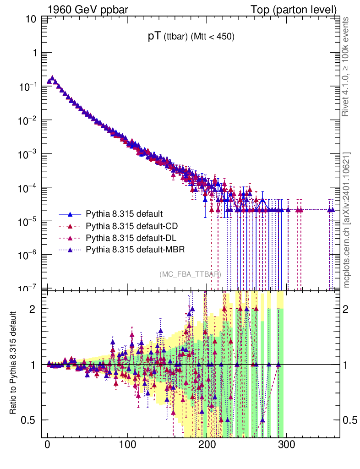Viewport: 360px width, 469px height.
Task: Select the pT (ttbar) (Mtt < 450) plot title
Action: coord(191,38)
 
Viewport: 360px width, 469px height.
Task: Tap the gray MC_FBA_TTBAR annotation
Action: coord(190,274)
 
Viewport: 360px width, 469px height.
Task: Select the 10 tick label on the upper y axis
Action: coord(32,19)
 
